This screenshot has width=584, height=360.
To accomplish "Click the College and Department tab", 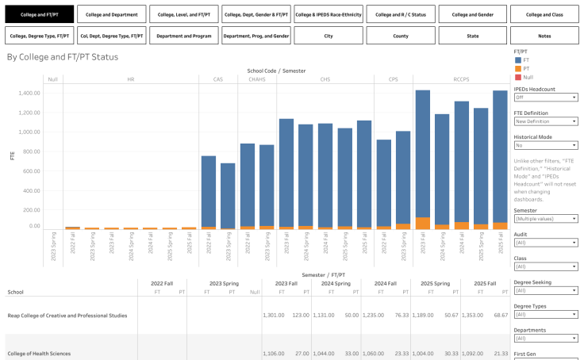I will point(112,14).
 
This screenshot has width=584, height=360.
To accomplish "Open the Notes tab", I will point(544,36).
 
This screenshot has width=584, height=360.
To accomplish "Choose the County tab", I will point(400,36).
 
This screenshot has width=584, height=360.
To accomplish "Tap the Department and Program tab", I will point(184,36).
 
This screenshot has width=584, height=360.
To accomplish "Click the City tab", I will point(328,36).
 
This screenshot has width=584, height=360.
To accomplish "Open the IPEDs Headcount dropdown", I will point(545,98).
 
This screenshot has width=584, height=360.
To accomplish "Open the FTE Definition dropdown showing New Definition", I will point(545,121).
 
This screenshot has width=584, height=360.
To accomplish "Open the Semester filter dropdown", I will point(545,218).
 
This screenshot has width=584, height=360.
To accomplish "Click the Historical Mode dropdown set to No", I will point(545,145).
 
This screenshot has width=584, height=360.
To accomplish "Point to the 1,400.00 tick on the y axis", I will point(28,93).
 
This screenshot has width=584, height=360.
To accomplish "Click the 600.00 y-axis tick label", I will point(30,171).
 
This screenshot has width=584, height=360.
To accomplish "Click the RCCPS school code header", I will point(461,79).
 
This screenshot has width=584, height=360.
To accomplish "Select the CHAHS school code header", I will point(257,79).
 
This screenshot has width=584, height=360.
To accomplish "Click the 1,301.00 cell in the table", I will point(274,315).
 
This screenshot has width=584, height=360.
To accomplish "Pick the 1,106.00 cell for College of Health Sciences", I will point(274,354).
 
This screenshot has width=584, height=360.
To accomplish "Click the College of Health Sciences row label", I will point(39,354).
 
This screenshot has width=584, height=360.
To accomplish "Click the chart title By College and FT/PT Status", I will point(62,57).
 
